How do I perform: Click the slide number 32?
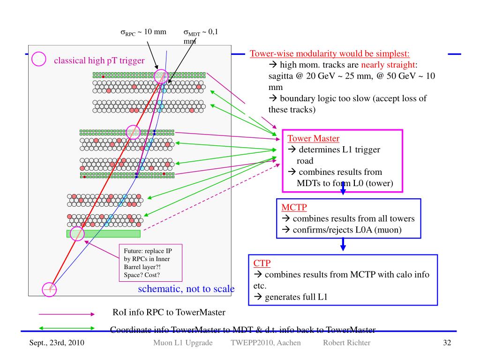tap(447, 344)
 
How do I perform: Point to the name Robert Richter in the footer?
tap(346, 344)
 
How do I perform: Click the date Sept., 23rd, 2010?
tap(55, 344)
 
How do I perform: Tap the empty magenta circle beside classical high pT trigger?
tap(38, 59)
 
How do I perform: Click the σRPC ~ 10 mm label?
tap(147, 32)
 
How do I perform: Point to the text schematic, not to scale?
tap(186, 288)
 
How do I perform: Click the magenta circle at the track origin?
tap(49, 290)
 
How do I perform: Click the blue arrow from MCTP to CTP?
tap(343, 243)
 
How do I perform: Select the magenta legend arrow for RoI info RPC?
tap(67, 315)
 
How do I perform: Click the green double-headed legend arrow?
tap(67, 328)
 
